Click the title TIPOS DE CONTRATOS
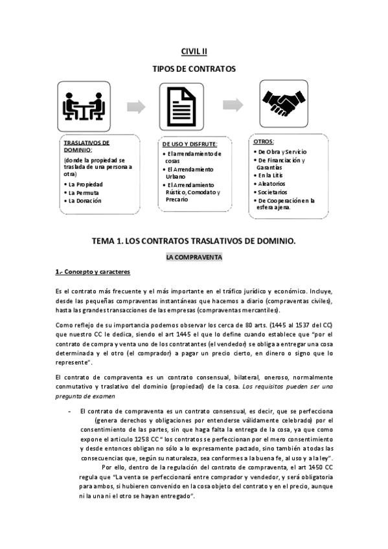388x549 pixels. coord(194,69)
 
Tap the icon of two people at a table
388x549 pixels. coord(83,106)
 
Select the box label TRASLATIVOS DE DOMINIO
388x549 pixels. coord(87,146)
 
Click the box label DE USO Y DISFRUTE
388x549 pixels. coord(189,144)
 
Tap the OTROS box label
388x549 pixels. coord(264,141)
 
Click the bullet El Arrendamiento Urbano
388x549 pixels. coord(190,172)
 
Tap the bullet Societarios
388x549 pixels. coord(273,192)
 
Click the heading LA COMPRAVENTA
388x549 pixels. coord(194,257)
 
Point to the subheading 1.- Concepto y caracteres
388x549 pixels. coord(93,273)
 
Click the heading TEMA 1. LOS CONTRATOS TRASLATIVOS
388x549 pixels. coord(194,240)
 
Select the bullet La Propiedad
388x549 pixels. coord(87,184)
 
